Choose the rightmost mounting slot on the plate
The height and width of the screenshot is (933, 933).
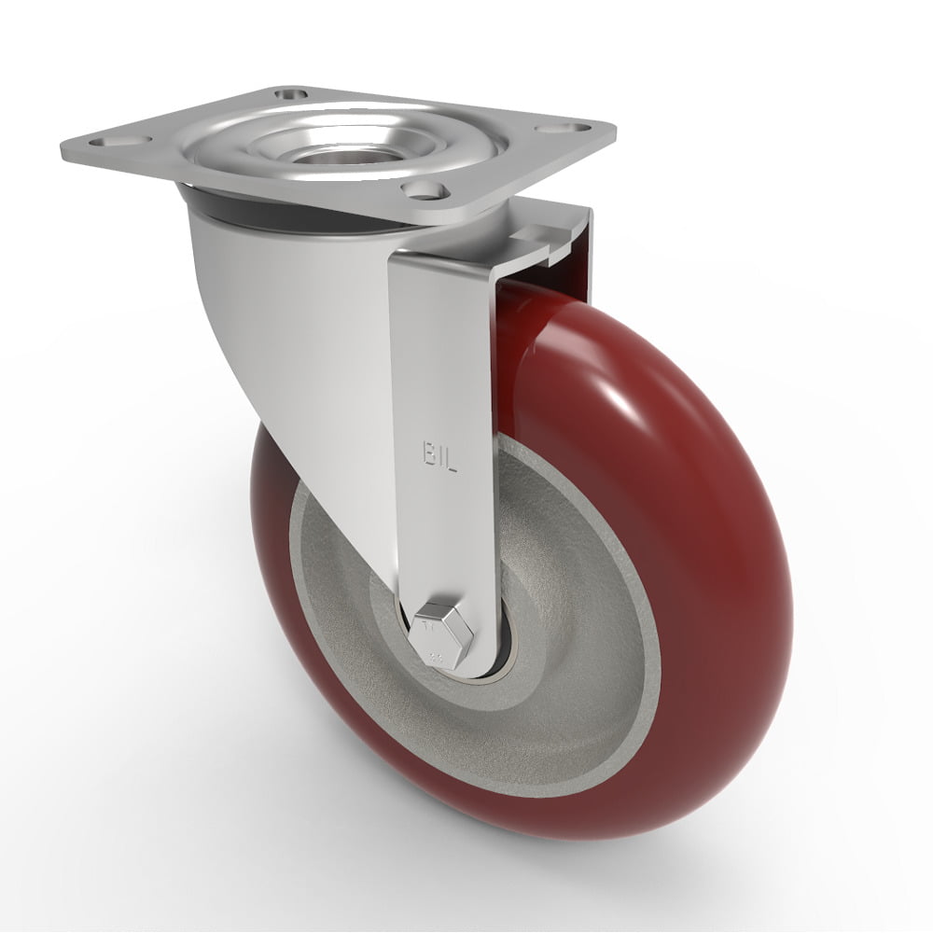[x=578, y=131]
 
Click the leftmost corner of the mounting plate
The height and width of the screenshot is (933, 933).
[x=62, y=149]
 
